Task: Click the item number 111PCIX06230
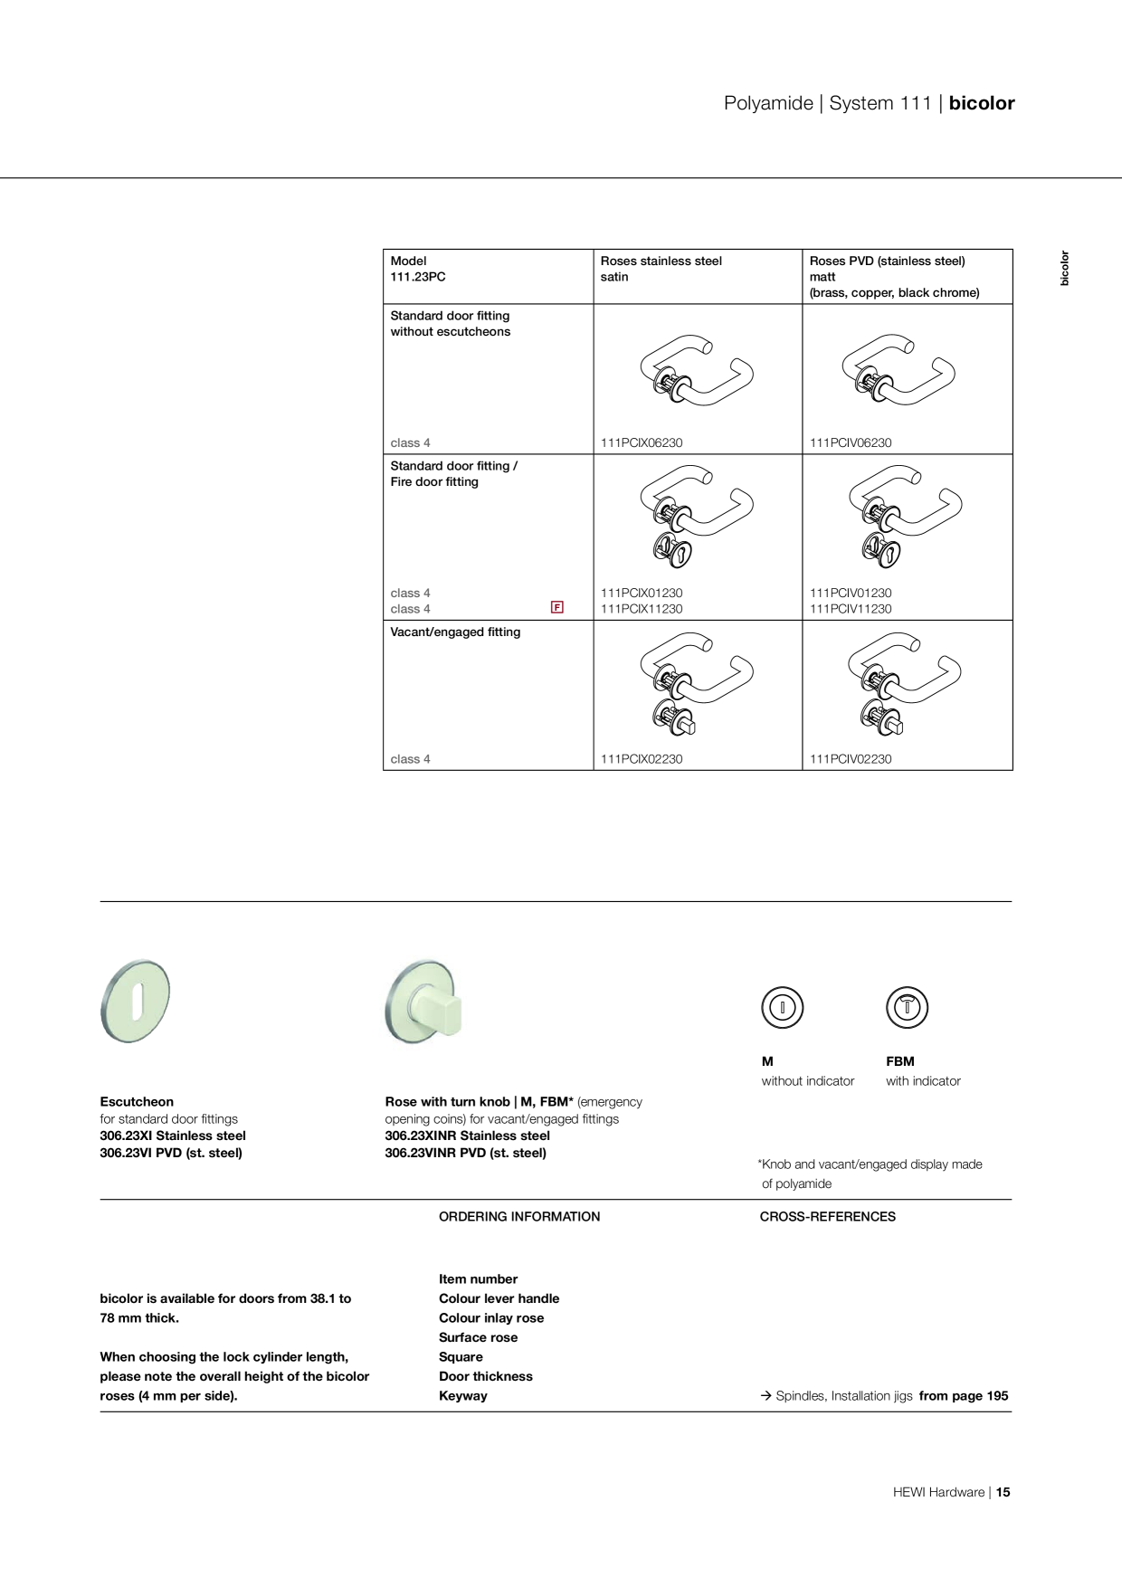point(642,442)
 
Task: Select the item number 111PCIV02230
point(851,759)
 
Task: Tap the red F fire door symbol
point(557,607)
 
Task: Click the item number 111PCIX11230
point(642,609)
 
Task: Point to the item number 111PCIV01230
point(851,593)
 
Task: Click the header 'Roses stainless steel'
point(661,261)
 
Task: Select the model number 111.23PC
point(418,277)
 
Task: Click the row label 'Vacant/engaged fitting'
point(455,632)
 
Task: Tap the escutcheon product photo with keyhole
point(136,1001)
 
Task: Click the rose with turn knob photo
point(423,1002)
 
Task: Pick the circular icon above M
point(783,1007)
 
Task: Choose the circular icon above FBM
point(907,1007)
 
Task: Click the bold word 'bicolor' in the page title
point(982,103)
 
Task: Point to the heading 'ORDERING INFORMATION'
point(519,1217)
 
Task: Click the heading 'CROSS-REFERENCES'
point(828,1217)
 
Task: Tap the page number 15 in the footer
point(1003,1492)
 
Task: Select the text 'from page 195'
point(964,1396)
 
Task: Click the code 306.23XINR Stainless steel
point(468,1136)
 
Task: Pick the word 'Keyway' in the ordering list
point(463,1396)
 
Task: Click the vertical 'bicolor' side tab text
point(1065,268)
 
